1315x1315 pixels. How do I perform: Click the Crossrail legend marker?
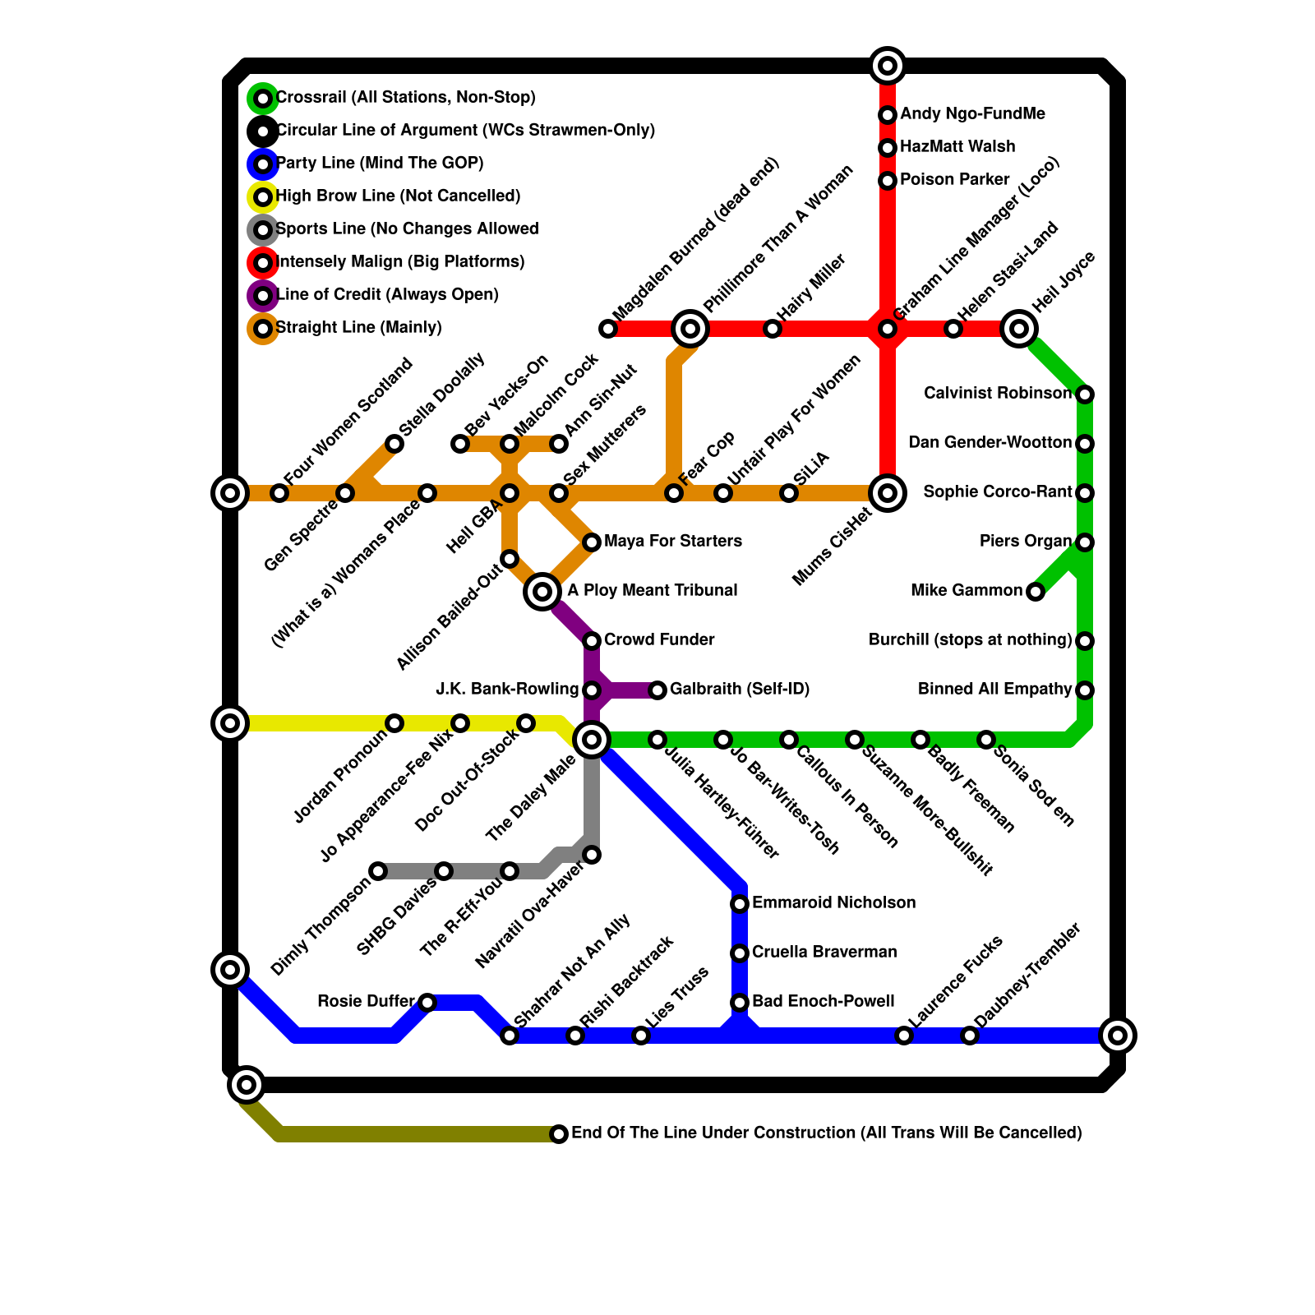point(262,99)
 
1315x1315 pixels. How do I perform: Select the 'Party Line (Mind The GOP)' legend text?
point(380,164)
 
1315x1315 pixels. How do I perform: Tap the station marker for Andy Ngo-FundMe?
point(888,115)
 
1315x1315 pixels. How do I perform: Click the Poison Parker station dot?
point(888,181)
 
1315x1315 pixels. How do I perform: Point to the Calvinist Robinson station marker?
point(1085,394)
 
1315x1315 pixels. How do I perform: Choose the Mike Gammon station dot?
point(1036,592)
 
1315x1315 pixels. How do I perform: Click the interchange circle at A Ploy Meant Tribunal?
point(542,592)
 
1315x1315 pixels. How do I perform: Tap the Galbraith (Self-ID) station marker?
point(657,690)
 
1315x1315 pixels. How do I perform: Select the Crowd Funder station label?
point(659,640)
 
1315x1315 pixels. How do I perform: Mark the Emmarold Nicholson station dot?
point(740,904)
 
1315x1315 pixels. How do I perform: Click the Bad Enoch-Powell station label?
point(823,1002)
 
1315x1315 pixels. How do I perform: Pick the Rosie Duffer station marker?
point(427,1003)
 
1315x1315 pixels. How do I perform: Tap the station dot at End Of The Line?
point(559,1134)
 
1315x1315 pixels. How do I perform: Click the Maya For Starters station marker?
point(592,542)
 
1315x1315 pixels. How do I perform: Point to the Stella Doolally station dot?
point(394,444)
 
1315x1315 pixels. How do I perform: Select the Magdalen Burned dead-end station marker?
point(608,329)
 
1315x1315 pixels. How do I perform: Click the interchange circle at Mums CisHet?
point(888,493)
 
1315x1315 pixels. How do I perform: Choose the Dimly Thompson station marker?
point(378,871)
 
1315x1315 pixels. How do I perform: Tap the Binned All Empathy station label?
point(994,690)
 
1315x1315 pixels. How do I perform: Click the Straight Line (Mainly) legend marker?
point(262,329)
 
